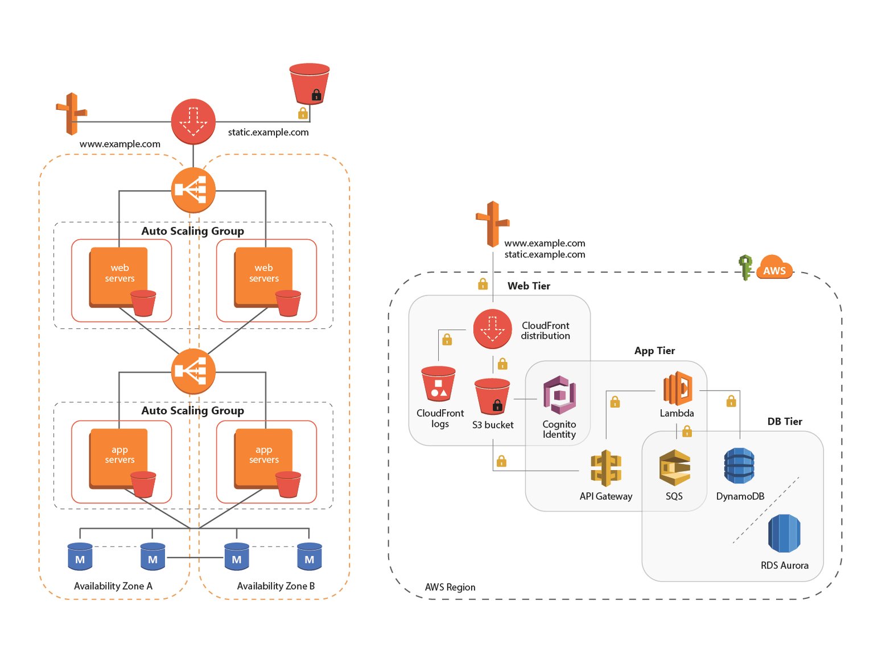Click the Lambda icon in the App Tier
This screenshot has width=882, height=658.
coord(677,389)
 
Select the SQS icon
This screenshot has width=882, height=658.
coord(674,468)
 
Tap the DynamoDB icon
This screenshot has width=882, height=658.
coord(739,466)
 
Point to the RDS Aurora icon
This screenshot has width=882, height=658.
coord(784,533)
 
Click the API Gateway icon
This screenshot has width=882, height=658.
coord(606,468)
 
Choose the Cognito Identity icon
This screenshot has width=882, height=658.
coord(559,394)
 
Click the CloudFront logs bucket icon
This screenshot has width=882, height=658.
coord(438,384)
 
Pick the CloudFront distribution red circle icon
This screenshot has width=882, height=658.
coord(492,329)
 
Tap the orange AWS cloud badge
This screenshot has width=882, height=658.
coord(774,268)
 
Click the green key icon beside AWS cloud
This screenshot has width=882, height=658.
coord(745,267)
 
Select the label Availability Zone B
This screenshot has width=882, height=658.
coord(275,586)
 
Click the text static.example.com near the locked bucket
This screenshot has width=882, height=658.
coord(268,132)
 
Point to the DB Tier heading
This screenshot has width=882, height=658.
coord(784,421)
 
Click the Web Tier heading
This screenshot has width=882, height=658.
coord(529,286)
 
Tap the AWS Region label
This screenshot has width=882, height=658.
coord(450,587)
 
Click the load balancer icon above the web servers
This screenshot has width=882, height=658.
coord(193,190)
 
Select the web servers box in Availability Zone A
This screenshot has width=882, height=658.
coord(118,276)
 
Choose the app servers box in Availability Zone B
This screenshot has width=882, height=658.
coord(263,457)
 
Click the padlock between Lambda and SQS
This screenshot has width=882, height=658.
coord(687,431)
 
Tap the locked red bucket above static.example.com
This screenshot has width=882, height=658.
coord(309,84)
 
